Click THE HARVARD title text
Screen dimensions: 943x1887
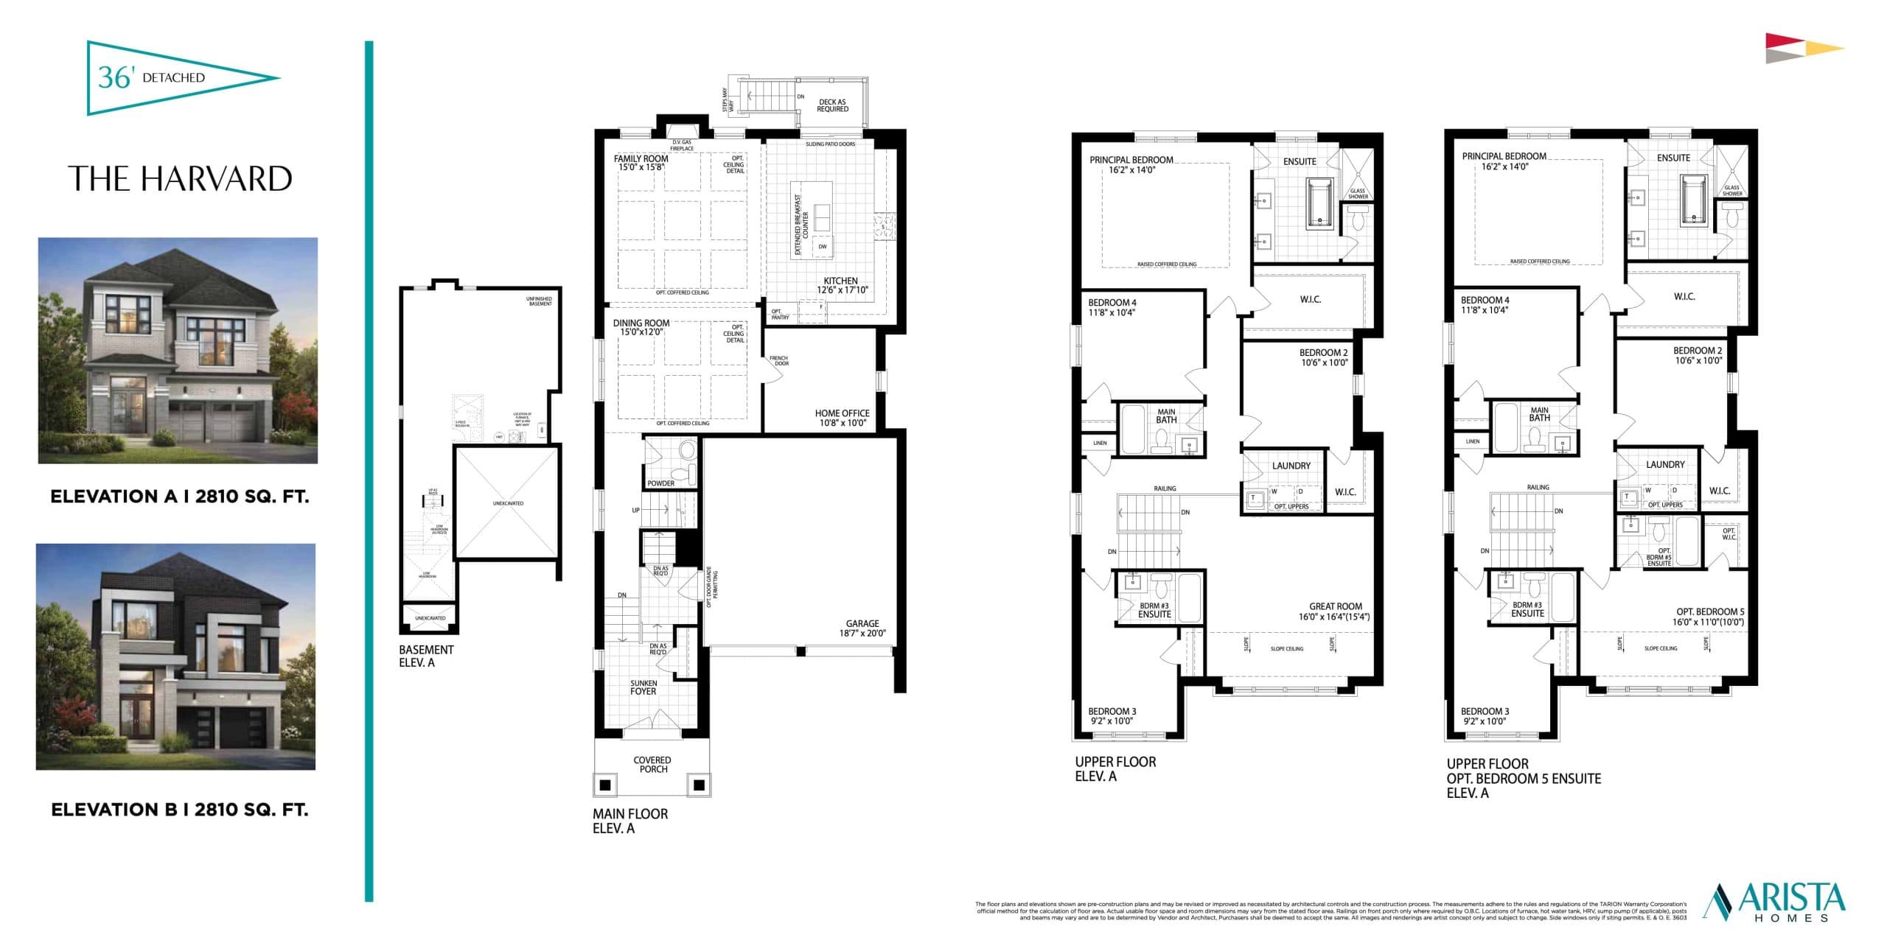[180, 179]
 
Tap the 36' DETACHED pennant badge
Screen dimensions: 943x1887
[162, 77]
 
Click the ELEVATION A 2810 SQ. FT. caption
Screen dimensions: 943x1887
[179, 497]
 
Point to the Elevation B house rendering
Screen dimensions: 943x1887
[175, 656]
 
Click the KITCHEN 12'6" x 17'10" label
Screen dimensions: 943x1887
[841, 285]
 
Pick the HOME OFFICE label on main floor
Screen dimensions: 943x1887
[842, 418]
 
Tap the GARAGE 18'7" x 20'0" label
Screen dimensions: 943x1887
[862, 628]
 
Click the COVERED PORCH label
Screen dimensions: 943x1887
[652, 764]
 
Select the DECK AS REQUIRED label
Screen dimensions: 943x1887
[832, 105]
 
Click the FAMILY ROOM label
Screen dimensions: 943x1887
[641, 163]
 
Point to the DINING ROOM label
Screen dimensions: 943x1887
[641, 327]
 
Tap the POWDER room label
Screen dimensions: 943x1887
[660, 483]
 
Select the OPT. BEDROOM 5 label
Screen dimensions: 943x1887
[1709, 617]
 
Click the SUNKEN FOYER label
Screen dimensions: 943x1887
[643, 687]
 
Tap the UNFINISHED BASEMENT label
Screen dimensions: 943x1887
[539, 301]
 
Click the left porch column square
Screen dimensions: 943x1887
[605, 785]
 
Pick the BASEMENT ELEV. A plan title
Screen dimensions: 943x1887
[425, 656]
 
